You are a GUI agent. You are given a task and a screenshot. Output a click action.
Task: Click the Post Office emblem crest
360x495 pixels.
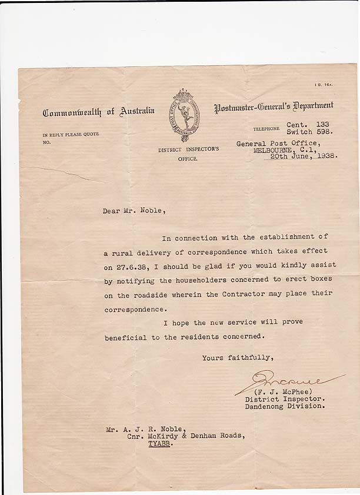pyautogui.click(x=186, y=115)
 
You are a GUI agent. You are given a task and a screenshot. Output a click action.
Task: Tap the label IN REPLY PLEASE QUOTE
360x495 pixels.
pyautogui.click(x=71, y=134)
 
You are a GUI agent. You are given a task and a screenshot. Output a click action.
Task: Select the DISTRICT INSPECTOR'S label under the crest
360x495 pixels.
pyautogui.click(x=188, y=150)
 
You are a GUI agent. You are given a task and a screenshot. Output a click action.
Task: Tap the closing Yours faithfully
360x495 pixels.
pyautogui.click(x=238, y=357)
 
